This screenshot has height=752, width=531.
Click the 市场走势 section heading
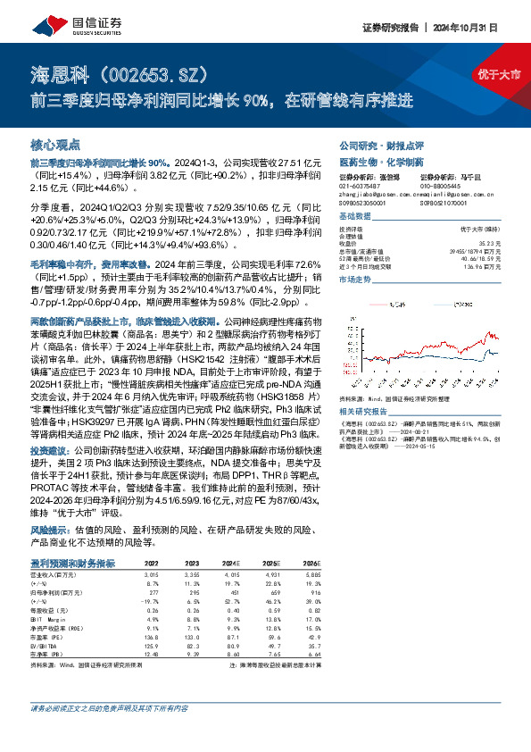[354, 280]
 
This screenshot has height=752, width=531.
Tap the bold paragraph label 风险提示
[50, 529]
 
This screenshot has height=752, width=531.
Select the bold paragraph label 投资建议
[50, 452]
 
